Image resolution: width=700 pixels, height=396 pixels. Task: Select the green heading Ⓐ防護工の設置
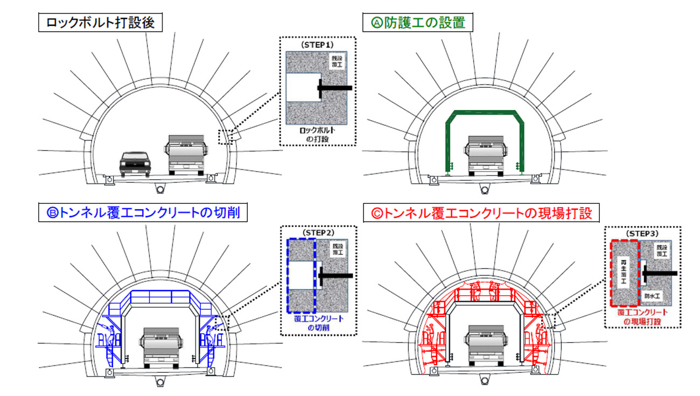(418, 23)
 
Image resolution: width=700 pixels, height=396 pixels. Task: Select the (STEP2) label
(319, 232)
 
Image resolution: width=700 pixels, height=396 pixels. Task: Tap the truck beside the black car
(187, 154)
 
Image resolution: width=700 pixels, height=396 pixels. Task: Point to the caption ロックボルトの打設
(318, 135)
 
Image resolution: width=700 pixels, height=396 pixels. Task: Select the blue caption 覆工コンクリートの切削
(318, 323)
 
